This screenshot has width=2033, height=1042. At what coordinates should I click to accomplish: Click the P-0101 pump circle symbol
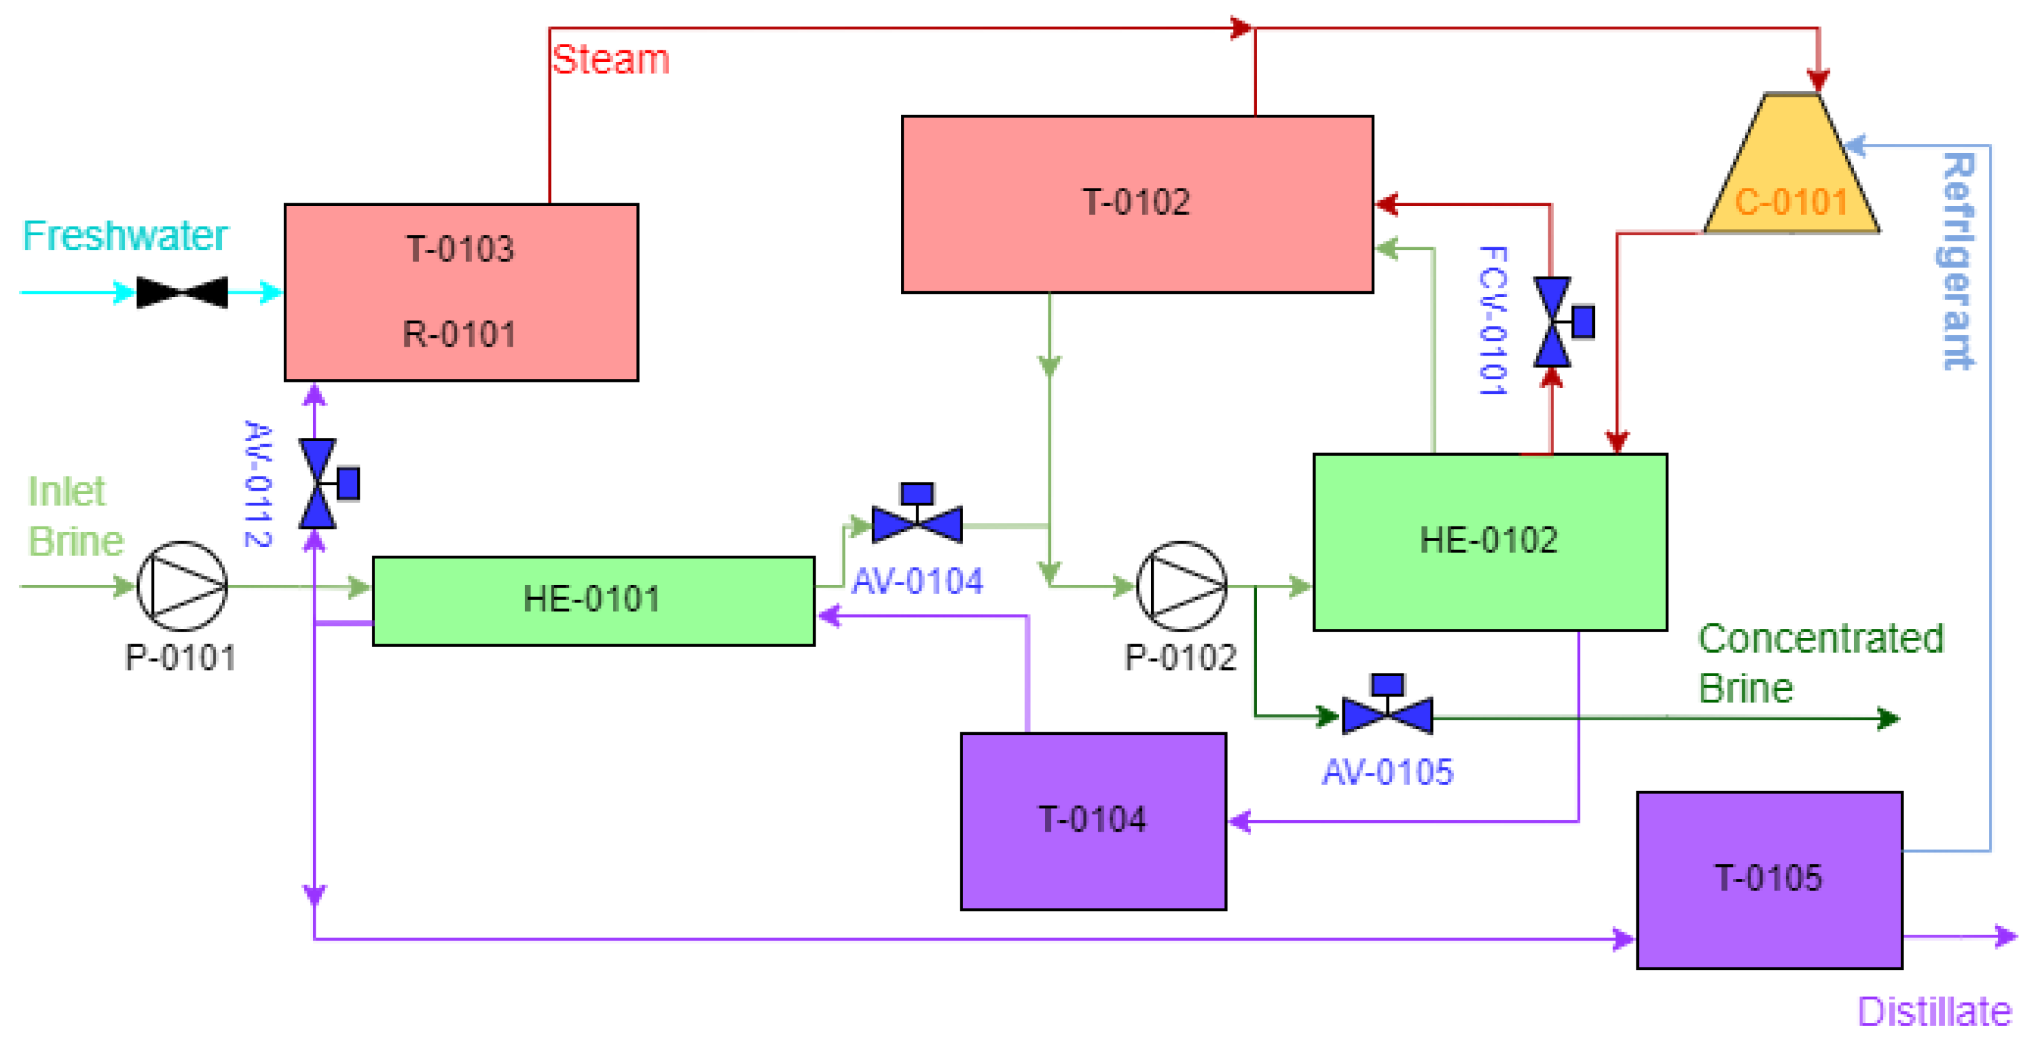point(182,586)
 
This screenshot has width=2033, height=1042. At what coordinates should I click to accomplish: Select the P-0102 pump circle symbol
point(1182,586)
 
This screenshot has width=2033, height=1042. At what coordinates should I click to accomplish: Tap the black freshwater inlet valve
point(182,292)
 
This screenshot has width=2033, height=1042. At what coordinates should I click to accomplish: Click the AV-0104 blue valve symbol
point(917,523)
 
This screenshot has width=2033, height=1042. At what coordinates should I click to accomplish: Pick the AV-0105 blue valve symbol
point(1386,714)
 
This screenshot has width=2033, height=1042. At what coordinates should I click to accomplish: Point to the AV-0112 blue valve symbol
point(318,484)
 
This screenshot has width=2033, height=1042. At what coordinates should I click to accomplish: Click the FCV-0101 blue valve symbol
point(1552,322)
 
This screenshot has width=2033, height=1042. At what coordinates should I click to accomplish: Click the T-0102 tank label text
point(1136,203)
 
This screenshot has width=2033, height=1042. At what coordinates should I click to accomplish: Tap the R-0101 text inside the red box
point(459,335)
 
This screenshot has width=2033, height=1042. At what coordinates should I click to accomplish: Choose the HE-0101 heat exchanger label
point(592,600)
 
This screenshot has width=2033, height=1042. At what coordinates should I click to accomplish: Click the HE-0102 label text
point(1488,541)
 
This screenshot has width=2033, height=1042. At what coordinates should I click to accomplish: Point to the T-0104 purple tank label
point(1092,820)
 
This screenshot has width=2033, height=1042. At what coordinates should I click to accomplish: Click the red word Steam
point(610,60)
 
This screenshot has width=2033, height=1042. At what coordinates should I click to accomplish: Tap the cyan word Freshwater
point(125,236)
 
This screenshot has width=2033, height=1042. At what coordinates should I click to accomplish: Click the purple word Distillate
point(1934,1012)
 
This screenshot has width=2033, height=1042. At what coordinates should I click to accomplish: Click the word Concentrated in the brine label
point(1821,639)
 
